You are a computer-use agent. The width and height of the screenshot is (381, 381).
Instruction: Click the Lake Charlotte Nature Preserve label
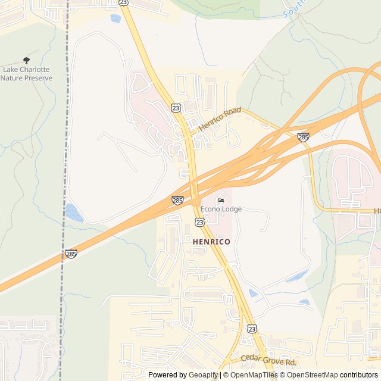pyautogui.click(x=27, y=73)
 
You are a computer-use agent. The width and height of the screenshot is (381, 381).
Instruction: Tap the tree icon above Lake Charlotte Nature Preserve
pyautogui.click(x=26, y=60)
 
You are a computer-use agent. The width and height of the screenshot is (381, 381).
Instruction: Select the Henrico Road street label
pyautogui.click(x=220, y=119)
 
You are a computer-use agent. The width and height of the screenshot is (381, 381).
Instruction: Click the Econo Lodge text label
pyautogui.click(x=221, y=209)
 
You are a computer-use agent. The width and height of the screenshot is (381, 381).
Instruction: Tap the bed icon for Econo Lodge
pyautogui.click(x=221, y=200)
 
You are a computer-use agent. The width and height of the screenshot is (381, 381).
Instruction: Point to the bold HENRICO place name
pyautogui.click(x=211, y=242)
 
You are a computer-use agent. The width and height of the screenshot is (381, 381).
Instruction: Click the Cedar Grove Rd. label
pyautogui.click(x=268, y=361)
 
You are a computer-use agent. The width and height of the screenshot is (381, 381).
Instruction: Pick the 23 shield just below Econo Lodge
pyautogui.click(x=199, y=222)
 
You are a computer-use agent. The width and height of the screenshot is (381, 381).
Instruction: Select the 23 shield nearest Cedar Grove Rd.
pyautogui.click(x=252, y=329)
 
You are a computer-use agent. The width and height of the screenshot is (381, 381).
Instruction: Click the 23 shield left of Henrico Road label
pyautogui.click(x=175, y=107)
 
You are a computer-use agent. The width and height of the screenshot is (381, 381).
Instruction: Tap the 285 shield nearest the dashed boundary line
pyautogui.click(x=71, y=254)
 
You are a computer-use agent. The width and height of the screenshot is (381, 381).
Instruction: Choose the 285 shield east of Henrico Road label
pyautogui.click(x=303, y=138)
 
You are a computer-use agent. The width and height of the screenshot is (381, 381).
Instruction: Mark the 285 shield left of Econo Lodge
pyautogui.click(x=177, y=200)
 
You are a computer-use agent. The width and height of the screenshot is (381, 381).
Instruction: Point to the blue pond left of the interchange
pyautogui.click(x=74, y=213)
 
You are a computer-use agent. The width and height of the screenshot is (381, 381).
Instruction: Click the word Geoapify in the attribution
pyautogui.click(x=204, y=375)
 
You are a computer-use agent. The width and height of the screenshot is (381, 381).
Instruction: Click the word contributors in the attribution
pyautogui.click(x=359, y=375)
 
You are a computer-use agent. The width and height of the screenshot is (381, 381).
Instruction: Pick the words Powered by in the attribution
pyautogui.click(x=167, y=375)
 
